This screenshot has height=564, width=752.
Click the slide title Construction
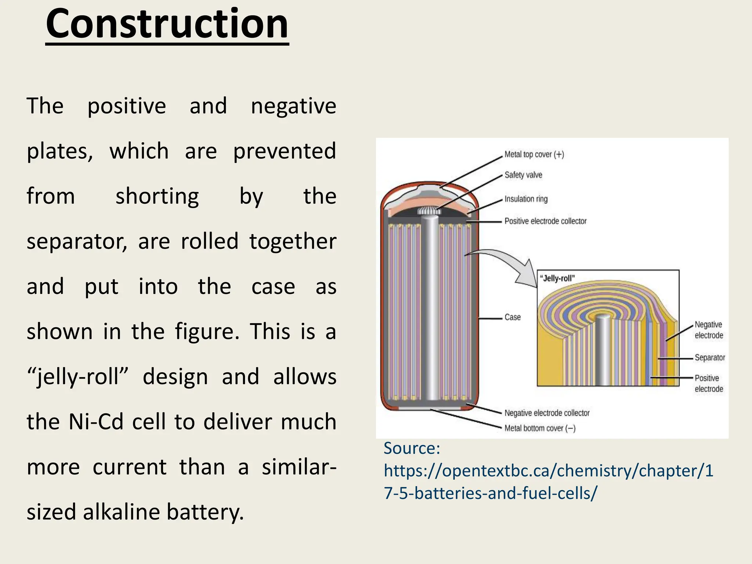167,24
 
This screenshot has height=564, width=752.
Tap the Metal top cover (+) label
534,154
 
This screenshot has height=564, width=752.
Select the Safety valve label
523,175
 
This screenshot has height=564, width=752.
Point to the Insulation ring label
526,199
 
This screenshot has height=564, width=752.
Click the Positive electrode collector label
545,221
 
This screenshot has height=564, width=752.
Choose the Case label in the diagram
513,317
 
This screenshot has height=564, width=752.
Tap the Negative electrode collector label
547,413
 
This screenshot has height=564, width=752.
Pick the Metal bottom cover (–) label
540,428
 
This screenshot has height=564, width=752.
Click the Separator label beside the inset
710,358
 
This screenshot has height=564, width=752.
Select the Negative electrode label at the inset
709,330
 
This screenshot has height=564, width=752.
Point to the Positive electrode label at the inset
709,383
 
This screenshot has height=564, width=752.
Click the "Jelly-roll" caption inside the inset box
557,278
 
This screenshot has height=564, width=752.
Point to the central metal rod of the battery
430,308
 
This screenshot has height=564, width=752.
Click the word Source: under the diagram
412,448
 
